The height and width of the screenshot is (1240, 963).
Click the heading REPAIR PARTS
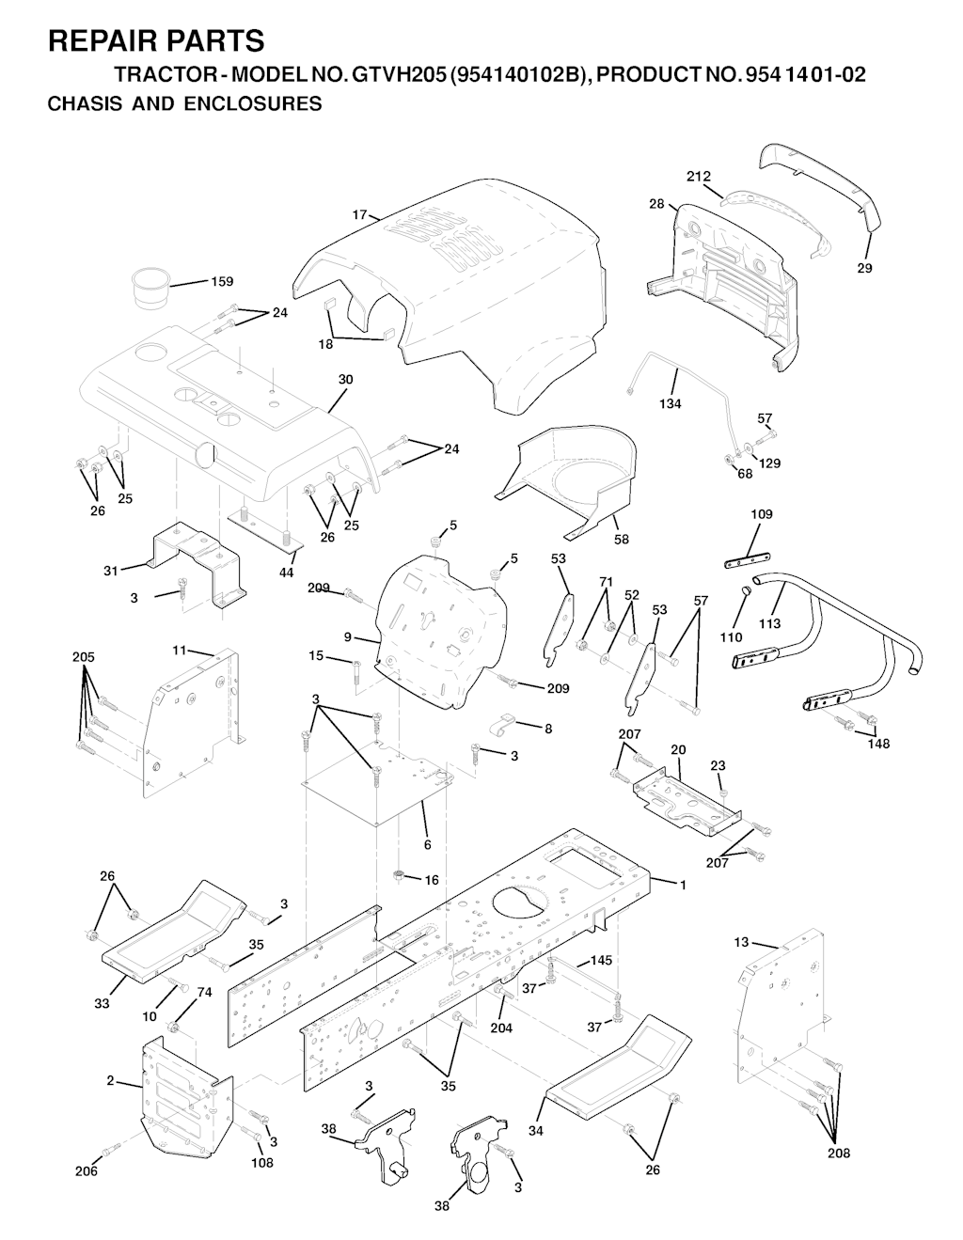[156, 41]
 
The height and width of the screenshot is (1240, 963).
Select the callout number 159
[222, 281]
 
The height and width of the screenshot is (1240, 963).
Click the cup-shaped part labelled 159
[151, 289]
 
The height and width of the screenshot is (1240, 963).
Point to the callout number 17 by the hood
[359, 214]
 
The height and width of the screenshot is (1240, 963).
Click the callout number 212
[699, 177]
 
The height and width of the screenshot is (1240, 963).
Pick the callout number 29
[865, 268]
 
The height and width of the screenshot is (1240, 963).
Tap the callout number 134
[671, 403]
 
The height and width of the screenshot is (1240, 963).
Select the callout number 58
[621, 539]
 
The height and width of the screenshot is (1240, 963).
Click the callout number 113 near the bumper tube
[769, 623]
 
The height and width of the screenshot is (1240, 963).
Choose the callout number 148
[878, 744]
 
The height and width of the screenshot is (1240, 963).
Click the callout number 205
[84, 657]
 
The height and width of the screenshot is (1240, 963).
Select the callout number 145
[601, 960]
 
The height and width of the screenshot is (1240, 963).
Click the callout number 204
[501, 1028]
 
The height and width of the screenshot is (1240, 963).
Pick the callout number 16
[432, 880]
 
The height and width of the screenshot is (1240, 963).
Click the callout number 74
[204, 993]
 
